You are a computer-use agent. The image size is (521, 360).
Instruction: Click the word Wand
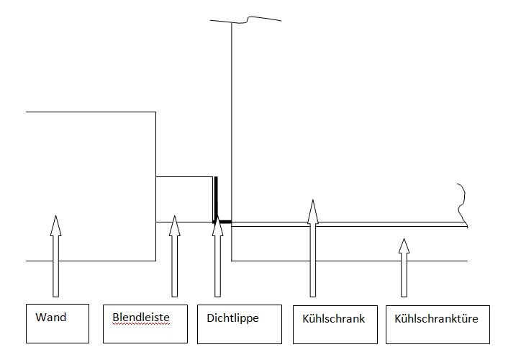[x=50, y=318]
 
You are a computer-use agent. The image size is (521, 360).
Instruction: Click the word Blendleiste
[x=140, y=318]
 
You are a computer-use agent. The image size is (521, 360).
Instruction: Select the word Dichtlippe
[x=232, y=318]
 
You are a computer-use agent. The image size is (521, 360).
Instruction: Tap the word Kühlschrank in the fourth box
[x=329, y=318]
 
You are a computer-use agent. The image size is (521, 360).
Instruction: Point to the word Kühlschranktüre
[x=432, y=318]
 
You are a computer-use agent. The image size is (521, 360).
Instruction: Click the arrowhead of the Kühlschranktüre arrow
[x=404, y=246]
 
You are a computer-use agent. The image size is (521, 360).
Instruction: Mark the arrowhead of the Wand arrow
[x=55, y=225]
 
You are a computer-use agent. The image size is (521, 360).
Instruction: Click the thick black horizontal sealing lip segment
[x=224, y=222]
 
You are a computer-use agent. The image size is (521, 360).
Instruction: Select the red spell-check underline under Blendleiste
[x=140, y=325]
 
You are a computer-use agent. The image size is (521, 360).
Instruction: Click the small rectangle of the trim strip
[x=185, y=199]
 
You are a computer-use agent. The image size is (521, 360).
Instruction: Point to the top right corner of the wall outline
[x=156, y=112]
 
